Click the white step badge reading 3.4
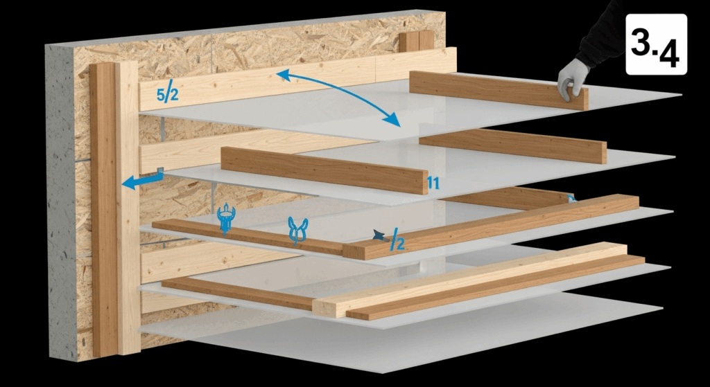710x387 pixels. [x=656, y=43]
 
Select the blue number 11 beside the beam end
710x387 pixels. [x=435, y=183]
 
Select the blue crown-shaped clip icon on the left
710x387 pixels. [x=226, y=219]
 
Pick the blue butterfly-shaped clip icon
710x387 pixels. [x=298, y=231]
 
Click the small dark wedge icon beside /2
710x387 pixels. [x=378, y=236]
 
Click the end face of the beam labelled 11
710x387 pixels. [x=424, y=183]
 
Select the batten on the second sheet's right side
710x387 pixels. [x=513, y=145]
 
